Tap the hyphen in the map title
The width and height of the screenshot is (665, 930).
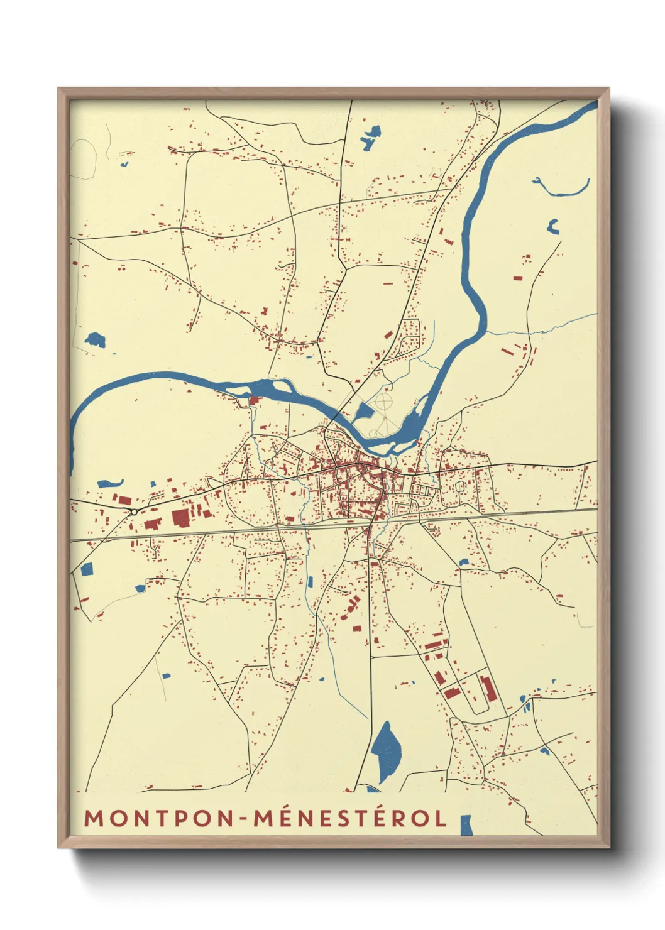tap(243, 818)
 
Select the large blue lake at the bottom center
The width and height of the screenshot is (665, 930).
tap(385, 751)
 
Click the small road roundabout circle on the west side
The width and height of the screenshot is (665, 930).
tap(134, 512)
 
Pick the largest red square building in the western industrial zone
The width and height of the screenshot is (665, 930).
tap(180, 518)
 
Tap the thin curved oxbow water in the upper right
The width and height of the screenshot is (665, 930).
tap(561, 188)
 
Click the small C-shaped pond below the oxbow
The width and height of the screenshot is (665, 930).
tap(553, 227)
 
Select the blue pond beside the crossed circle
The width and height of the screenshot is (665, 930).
tap(364, 413)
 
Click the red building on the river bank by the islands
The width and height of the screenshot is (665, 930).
tap(255, 400)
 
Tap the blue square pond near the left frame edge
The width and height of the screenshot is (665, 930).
tap(87, 569)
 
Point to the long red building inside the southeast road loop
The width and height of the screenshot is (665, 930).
tap(488, 688)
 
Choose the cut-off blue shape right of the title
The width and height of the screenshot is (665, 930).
tap(466, 825)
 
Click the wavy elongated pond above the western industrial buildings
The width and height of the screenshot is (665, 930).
tap(111, 484)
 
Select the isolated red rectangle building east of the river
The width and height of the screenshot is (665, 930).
tap(518, 277)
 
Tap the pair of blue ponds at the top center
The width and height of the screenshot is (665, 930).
tap(371, 138)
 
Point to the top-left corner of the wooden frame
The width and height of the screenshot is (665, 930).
tap(59, 89)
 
